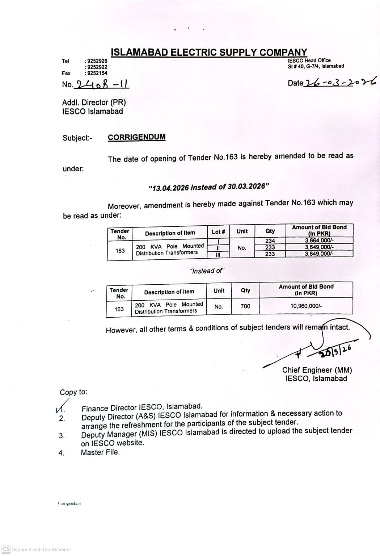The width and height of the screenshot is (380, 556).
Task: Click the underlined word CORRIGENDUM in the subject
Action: (136, 137)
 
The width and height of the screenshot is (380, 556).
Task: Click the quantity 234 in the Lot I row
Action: (270, 241)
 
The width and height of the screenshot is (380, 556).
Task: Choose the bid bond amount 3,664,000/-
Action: (319, 241)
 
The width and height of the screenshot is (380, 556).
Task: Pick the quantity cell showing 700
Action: (245, 306)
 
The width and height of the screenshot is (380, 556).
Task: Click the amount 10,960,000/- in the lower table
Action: (306, 306)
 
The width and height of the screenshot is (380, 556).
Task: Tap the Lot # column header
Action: (218, 232)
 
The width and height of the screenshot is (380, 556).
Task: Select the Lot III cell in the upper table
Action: (218, 254)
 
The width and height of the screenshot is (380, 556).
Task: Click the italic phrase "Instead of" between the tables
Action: (207, 271)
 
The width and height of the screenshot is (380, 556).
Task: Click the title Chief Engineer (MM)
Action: (317, 370)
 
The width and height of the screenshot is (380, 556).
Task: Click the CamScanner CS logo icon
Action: (6, 549)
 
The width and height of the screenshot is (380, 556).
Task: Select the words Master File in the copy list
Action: (100, 452)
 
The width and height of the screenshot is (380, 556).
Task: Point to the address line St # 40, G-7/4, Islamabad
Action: (316, 66)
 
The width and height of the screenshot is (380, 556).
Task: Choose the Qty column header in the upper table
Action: (270, 231)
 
